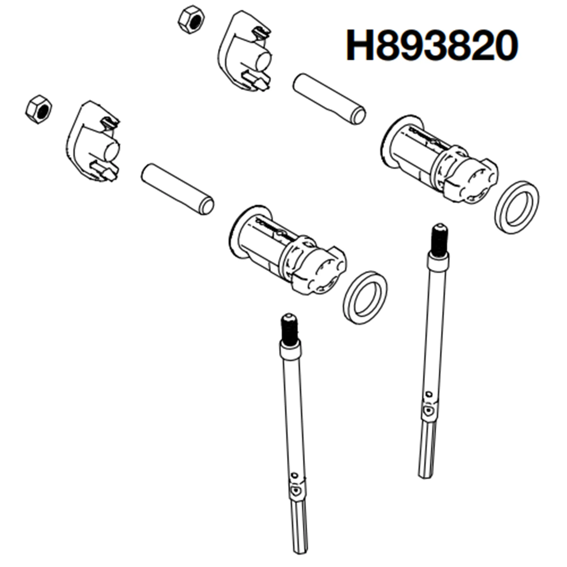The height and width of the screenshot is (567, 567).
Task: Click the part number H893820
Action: tap(431, 45)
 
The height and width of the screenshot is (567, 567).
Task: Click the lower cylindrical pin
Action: tap(177, 189)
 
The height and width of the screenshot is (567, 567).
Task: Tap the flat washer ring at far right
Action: tap(517, 207)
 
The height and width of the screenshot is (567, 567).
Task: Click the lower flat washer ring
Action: tap(365, 297)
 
